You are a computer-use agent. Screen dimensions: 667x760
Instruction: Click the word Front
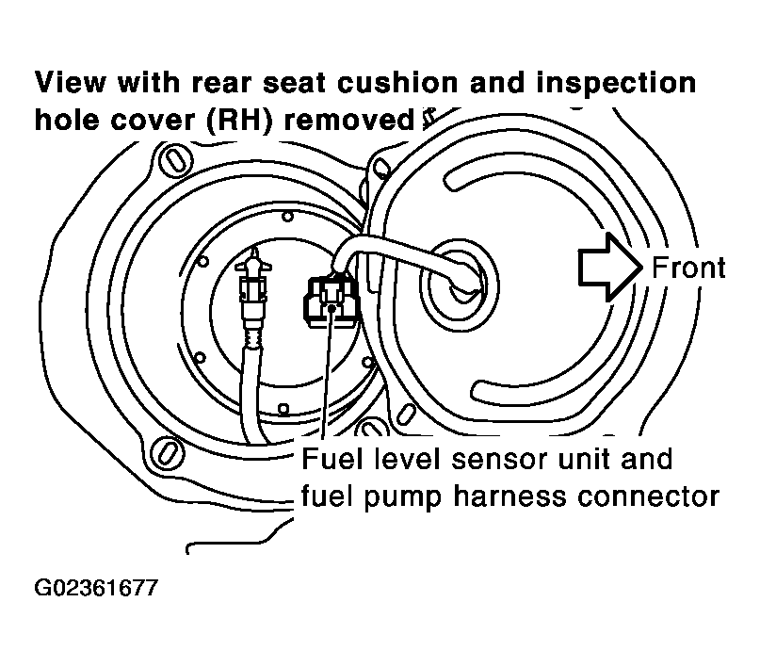688,268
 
